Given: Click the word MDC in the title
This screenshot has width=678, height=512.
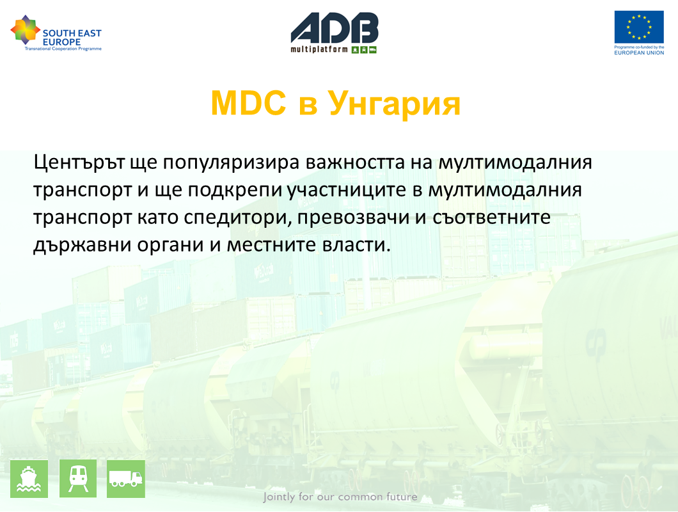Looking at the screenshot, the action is coord(248,103).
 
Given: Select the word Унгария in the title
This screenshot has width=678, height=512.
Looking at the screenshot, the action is coord(394,104).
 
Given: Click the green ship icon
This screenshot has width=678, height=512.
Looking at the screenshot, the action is coord(29,479).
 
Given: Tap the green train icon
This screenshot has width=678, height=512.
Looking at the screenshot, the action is coord(78,479).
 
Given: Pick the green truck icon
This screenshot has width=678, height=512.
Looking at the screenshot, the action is coord(126,479).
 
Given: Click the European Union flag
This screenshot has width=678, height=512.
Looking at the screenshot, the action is coord(639,27).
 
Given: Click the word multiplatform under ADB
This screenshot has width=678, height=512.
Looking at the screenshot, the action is coord(319,49).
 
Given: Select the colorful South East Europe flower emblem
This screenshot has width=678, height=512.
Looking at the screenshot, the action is coord(25,29).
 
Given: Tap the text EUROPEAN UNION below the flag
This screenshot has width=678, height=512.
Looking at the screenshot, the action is coord(639,53).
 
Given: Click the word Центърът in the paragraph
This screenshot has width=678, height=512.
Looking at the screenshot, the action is coord(79,163).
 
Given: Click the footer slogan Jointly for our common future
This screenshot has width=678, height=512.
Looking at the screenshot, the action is coord(340,497).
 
